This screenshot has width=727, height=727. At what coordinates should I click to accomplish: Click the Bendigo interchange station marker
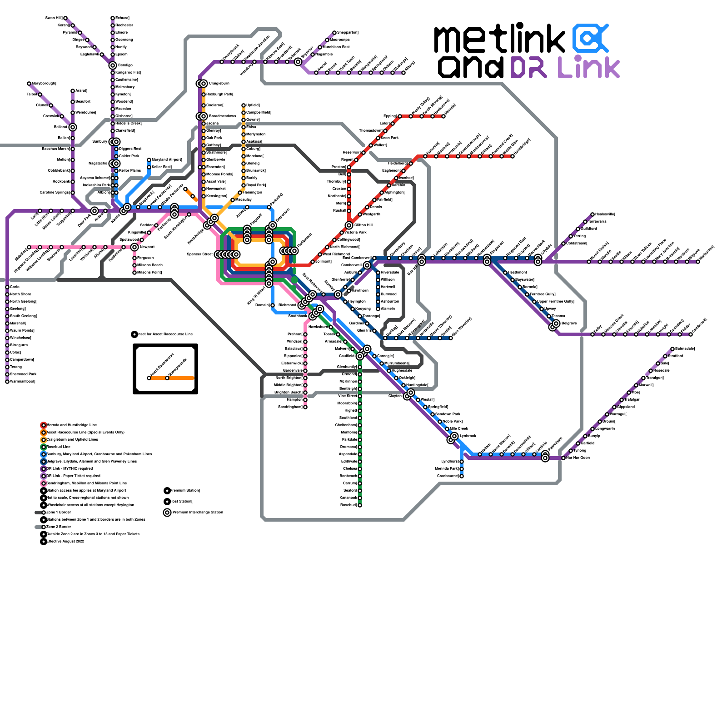point(113,65)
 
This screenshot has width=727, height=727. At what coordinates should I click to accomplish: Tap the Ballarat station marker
point(73,127)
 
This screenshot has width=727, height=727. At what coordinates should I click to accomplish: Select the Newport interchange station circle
point(134,247)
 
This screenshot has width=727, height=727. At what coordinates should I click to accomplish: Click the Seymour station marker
point(298,62)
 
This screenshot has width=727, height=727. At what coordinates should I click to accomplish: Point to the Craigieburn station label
point(219,84)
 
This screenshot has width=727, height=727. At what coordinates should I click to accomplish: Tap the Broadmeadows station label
point(222,116)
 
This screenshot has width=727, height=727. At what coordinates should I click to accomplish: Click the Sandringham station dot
point(305,407)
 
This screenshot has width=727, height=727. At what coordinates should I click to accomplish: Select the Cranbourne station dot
point(462,476)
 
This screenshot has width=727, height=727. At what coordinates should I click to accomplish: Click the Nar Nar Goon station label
point(578,458)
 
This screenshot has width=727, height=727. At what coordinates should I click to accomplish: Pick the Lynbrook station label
point(468,436)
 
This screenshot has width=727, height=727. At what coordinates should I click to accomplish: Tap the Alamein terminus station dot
point(378,309)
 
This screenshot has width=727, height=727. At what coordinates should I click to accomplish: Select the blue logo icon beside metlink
point(590,38)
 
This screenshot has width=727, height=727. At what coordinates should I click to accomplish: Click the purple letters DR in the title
point(529,67)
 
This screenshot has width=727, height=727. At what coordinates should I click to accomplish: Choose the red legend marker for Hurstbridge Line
point(44,425)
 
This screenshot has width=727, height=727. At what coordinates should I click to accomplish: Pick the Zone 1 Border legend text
point(59,513)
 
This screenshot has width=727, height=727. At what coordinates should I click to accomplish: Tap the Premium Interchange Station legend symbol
point(167,513)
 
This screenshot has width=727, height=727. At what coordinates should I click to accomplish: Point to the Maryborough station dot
point(29,84)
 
